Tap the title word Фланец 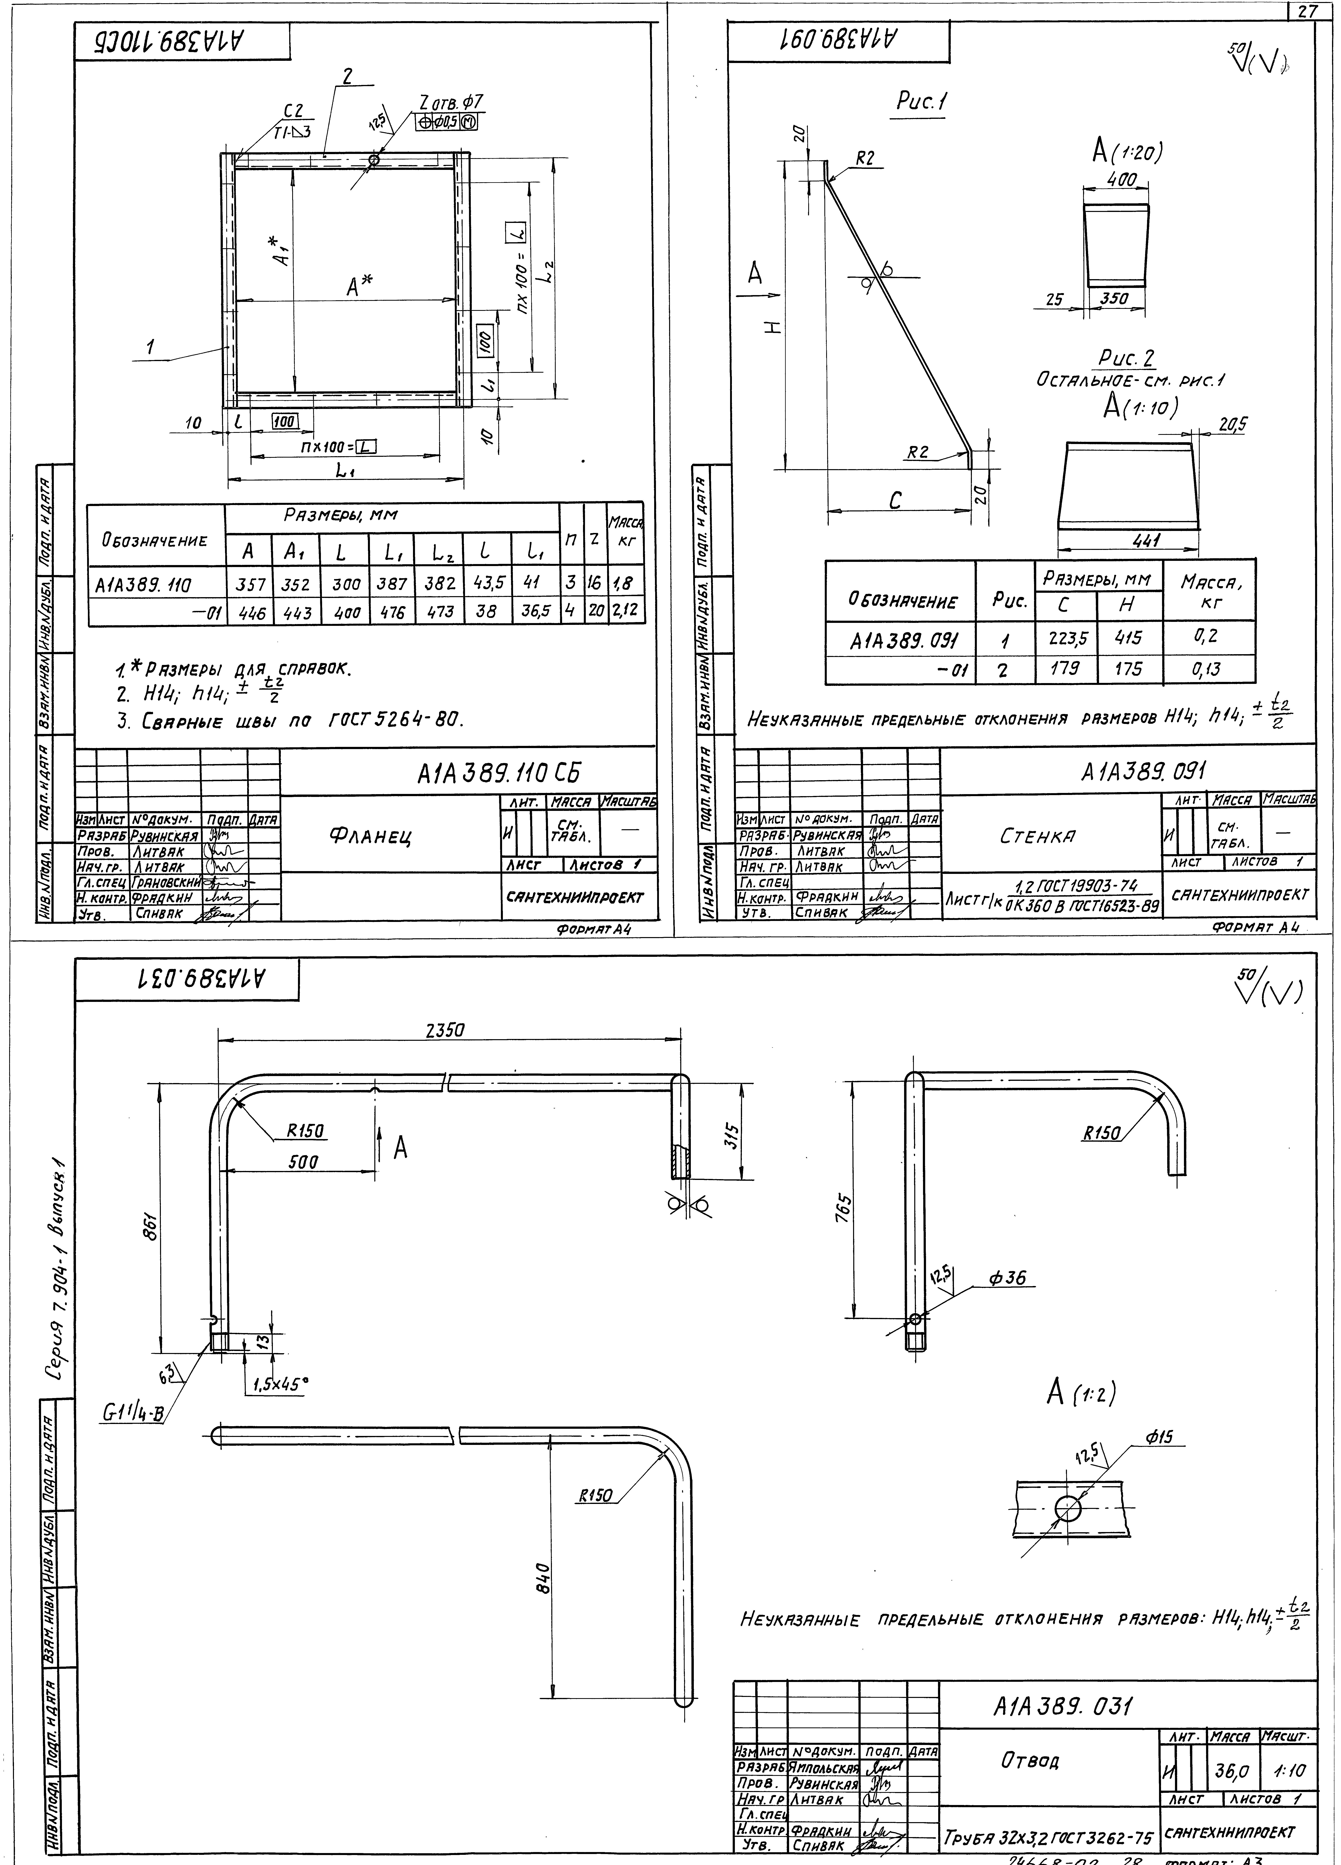[370, 836]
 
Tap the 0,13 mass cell [1209, 669]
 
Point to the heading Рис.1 [921, 103]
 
